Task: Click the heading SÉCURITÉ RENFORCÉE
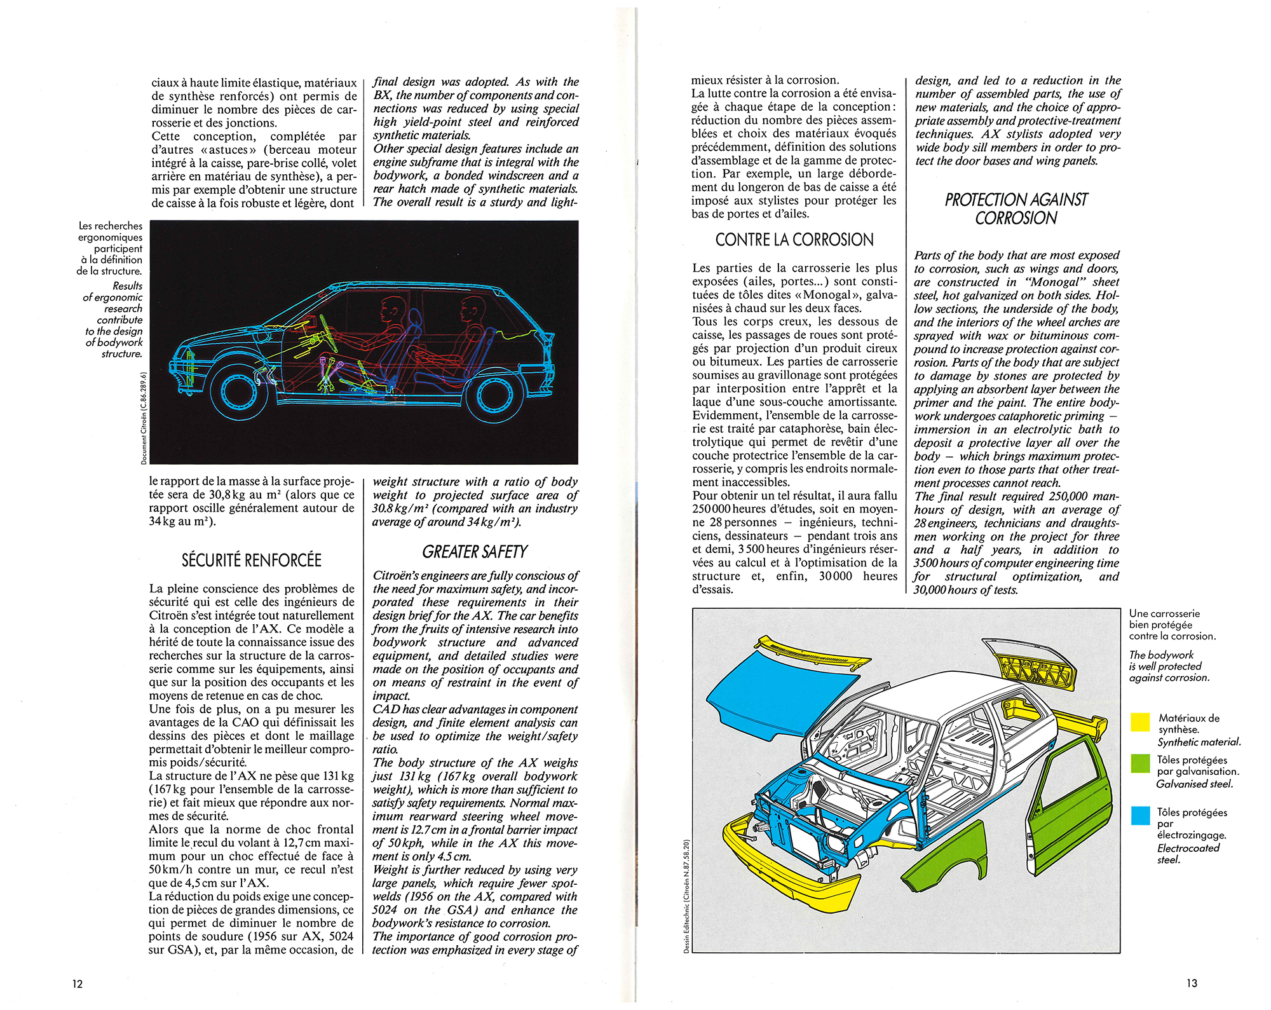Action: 251,560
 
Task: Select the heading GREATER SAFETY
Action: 475,552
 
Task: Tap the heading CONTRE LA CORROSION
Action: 794,240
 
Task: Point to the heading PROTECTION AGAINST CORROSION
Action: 1016,209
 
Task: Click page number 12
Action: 77,984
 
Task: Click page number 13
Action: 1192,983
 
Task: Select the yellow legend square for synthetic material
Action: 1140,722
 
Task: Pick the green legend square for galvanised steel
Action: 1140,763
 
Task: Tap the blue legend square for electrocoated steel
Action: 1140,816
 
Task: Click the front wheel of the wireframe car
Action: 239,391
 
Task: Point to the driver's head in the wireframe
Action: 390,310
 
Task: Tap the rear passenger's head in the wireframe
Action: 472,308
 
